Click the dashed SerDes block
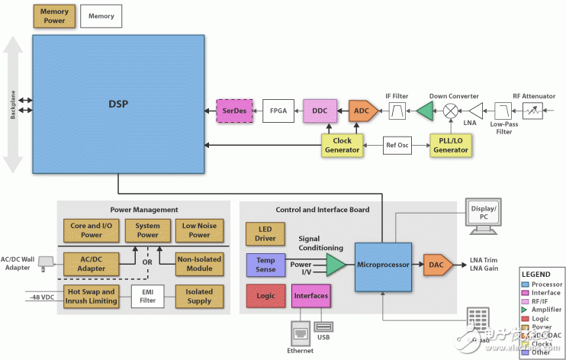pyautogui.click(x=233, y=111)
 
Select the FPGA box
pyautogui.click(x=278, y=111)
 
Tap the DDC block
pyautogui.click(x=321, y=111)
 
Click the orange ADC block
pyautogui.click(x=362, y=111)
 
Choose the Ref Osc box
pyautogui.click(x=396, y=145)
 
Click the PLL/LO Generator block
pyautogui.click(x=450, y=145)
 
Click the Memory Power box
pyautogui.click(x=54, y=16)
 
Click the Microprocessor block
pyautogui.click(x=382, y=265)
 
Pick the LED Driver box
pyautogui.click(x=265, y=234)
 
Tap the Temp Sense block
pyautogui.click(x=265, y=265)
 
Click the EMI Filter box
pyautogui.click(x=147, y=296)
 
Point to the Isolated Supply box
pyautogui.click(x=200, y=296)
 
